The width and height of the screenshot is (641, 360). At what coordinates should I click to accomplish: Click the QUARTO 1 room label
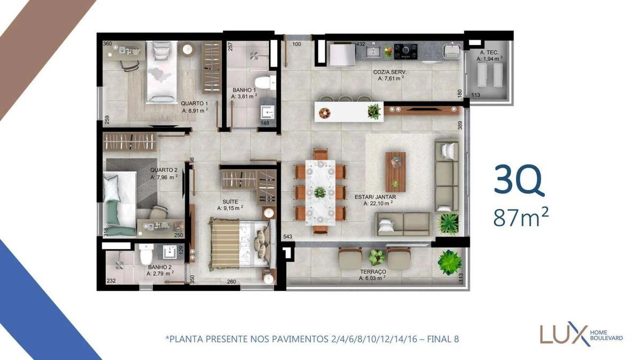coord(194,104)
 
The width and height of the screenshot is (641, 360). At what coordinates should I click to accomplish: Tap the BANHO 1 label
coord(244,90)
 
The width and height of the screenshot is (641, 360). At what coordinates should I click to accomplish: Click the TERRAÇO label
coord(373,272)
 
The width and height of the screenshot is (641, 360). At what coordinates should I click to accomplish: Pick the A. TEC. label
coord(489,53)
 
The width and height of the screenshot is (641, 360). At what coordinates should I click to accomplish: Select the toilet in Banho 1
coord(271,82)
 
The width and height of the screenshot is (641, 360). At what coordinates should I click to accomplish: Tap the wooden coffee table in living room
coord(395,171)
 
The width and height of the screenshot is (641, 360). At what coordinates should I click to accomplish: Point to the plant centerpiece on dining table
coord(320,192)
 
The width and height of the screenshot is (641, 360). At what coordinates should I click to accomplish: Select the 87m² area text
coord(522,217)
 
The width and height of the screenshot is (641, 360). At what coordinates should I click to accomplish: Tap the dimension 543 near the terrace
coord(287,237)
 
